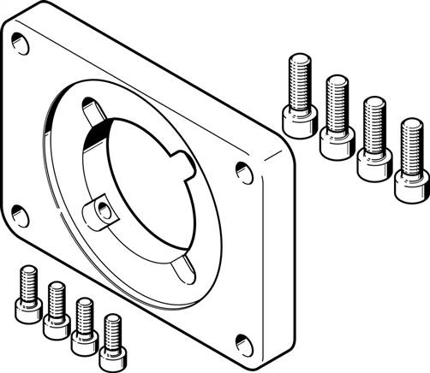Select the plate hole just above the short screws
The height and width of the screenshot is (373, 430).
[19, 216]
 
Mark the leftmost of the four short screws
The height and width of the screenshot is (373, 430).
[26, 297]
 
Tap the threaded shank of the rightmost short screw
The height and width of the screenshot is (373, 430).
[111, 329]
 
